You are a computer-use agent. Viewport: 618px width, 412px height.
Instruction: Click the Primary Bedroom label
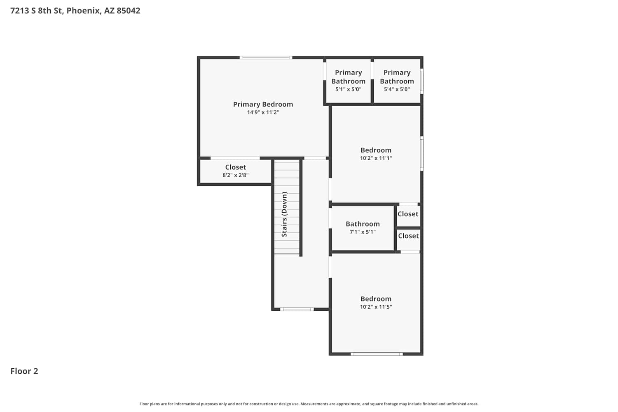(263, 104)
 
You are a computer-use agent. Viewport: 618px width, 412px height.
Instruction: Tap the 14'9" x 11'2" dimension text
(263, 112)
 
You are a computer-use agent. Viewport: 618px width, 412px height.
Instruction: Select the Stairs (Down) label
(284, 214)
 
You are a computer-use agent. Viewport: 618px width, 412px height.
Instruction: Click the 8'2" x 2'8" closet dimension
(236, 175)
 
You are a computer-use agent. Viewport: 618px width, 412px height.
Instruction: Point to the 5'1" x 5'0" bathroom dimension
(349, 89)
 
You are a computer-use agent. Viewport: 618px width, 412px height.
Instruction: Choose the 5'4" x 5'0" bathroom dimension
(397, 89)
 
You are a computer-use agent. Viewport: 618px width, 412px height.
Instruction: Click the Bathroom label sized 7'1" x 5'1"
(363, 224)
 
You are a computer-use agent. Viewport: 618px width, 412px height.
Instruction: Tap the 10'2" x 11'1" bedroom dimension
(376, 158)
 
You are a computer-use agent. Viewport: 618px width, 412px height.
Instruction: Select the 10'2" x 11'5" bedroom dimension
(376, 307)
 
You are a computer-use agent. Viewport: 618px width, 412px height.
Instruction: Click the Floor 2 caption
(24, 371)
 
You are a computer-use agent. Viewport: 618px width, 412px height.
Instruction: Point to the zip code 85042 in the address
(129, 10)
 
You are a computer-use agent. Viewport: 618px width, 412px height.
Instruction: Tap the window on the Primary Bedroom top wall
(266, 58)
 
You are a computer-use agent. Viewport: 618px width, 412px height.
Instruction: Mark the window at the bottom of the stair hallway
(297, 309)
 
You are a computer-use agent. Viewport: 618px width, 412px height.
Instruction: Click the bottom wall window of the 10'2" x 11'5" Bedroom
(377, 354)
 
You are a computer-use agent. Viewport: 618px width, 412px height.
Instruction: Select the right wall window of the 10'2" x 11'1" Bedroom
(422, 153)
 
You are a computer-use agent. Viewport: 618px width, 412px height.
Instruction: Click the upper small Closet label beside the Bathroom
(408, 214)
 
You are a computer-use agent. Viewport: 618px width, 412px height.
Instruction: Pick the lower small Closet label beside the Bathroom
(409, 236)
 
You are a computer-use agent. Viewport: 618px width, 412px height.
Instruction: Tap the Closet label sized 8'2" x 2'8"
(236, 167)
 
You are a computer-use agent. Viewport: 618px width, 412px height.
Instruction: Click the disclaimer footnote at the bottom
(309, 404)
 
